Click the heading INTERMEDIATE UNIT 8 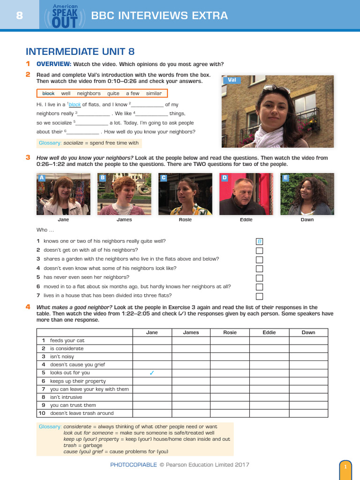[x=80, y=52]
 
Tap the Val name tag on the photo [x=232, y=80]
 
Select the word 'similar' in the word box [x=154, y=93]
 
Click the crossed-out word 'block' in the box [x=48, y=93]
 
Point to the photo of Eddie [x=246, y=194]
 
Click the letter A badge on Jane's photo [x=41, y=178]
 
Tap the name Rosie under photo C [x=185, y=219]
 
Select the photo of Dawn [x=307, y=194]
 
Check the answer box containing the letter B [x=259, y=241]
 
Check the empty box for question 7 [x=259, y=296]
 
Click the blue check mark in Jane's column [x=151, y=373]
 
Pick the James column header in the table [x=191, y=332]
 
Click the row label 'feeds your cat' [x=67, y=340]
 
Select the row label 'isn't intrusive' [x=66, y=397]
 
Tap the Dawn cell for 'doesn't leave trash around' [x=308, y=413]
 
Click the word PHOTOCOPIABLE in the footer [x=133, y=465]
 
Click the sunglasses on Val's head [x=276, y=88]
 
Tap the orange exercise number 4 [x=28, y=307]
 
